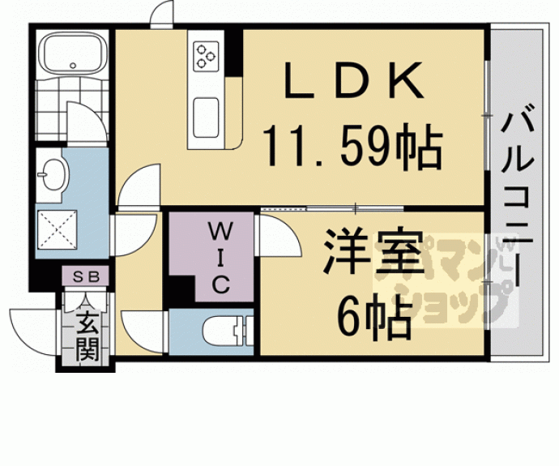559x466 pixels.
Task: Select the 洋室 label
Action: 373,257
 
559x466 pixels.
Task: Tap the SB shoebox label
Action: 86,276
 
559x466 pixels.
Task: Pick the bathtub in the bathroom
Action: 72,55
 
